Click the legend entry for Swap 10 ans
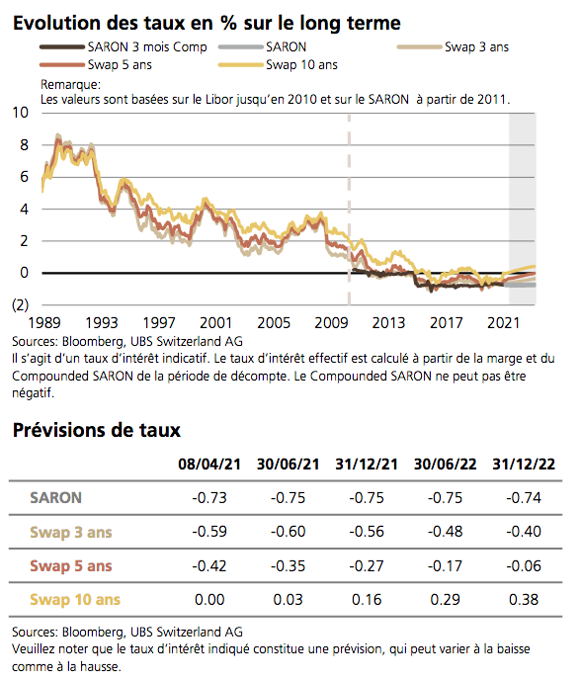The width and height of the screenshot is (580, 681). [x=301, y=65]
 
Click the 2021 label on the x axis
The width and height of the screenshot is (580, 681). [x=505, y=323]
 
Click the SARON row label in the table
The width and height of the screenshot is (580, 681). [x=56, y=498]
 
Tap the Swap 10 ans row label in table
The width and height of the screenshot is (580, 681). [x=75, y=599]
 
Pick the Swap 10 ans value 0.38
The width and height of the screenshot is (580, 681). [x=524, y=599]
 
